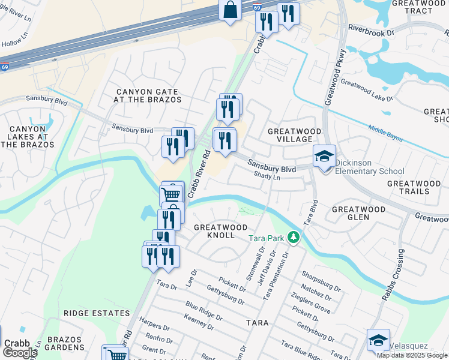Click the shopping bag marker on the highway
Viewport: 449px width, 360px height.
pos(230,10)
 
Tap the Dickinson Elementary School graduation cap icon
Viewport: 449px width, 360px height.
pos(324,157)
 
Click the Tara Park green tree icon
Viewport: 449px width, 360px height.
pos(294,238)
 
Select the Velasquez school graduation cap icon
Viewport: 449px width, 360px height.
pos(378,340)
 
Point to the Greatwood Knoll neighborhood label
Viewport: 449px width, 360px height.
pos(220,232)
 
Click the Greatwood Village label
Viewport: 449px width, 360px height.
pos(294,135)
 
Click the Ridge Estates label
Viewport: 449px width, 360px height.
pos(97,313)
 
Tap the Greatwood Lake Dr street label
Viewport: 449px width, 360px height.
pos(366,89)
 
